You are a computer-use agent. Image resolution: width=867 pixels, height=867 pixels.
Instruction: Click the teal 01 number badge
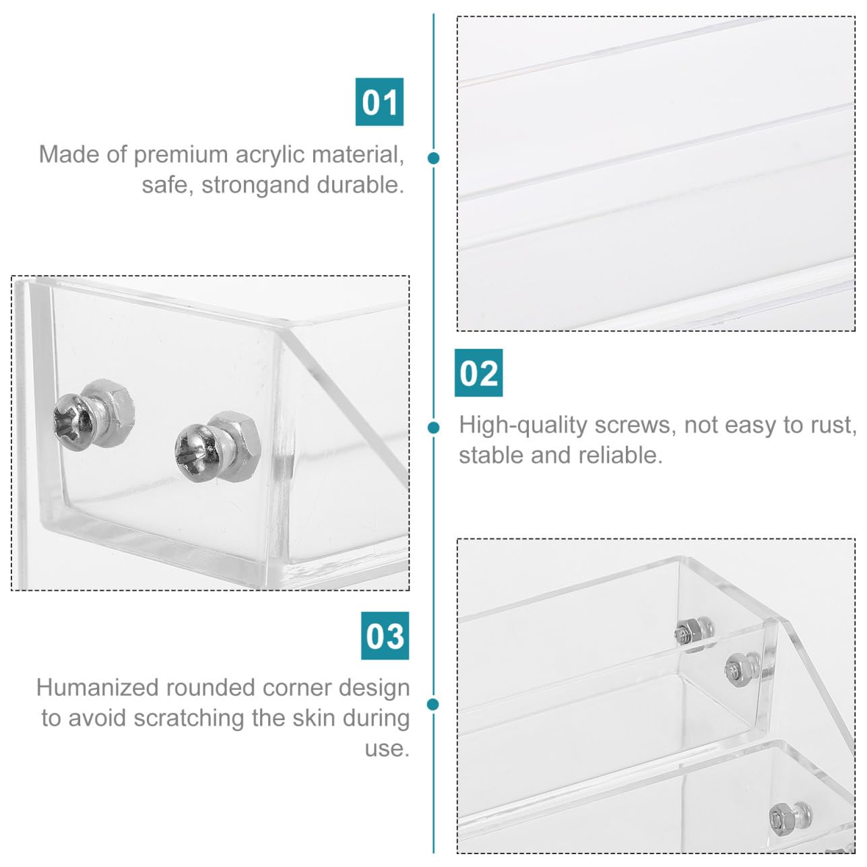[x=379, y=102]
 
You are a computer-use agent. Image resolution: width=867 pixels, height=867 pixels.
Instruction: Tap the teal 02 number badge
[x=478, y=373]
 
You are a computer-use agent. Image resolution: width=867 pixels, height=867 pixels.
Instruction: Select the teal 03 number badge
[x=385, y=636]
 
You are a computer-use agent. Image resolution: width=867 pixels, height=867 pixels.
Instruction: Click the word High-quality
[x=523, y=426]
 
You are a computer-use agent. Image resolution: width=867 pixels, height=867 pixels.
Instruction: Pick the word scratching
[x=189, y=718]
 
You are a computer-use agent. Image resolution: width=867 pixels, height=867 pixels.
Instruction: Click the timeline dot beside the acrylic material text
[x=434, y=158]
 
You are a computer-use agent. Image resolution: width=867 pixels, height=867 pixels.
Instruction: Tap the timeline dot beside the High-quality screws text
[x=434, y=427]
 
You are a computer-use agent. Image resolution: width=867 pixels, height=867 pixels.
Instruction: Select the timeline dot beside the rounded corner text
[x=432, y=704]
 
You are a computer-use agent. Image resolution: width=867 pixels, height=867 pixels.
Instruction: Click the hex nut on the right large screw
[x=237, y=445]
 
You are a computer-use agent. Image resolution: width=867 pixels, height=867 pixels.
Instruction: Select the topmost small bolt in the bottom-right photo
[x=694, y=632]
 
